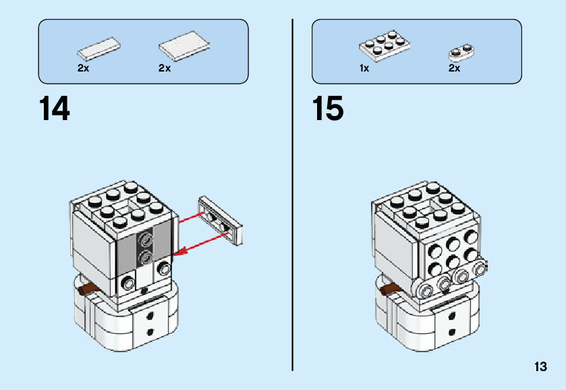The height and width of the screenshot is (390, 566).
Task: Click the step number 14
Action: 54,109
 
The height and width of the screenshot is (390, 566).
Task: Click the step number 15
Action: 328,109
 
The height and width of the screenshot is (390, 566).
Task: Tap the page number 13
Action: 540,366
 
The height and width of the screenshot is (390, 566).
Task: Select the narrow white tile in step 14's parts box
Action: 99,49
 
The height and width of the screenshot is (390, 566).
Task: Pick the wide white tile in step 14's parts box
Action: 184,47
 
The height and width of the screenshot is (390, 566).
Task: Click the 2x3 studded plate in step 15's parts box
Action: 385,47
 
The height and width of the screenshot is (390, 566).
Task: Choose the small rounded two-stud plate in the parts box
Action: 461,53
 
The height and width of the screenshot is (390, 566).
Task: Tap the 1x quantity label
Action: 364,68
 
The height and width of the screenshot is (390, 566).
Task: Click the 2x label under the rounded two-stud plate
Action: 454,68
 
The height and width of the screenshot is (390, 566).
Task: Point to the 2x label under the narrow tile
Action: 83,68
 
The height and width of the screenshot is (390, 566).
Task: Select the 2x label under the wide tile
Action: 164,68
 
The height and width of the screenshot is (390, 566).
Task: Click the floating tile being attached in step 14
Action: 221,221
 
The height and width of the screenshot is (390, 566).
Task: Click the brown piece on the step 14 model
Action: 89,288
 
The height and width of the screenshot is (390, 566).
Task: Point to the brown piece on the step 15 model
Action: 391,289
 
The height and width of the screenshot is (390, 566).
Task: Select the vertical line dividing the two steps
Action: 292,195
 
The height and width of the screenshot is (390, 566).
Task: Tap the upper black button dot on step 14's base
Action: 149,316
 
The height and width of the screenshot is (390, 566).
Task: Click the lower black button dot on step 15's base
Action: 451,331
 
